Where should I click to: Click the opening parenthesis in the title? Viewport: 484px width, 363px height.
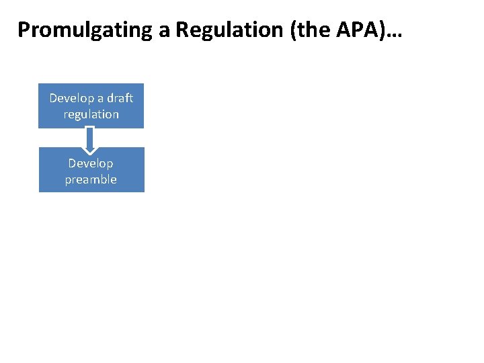point(294,30)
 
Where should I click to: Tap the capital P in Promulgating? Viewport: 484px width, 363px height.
point(24,30)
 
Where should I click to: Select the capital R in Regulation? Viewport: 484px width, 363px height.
point(184,30)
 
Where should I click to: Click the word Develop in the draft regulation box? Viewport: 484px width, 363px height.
point(71,98)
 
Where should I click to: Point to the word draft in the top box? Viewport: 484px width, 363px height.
point(118,98)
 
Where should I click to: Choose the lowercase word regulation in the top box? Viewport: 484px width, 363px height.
point(91,114)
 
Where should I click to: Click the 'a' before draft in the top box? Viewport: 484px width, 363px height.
point(99,98)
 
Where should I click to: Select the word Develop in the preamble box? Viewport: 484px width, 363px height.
point(91,163)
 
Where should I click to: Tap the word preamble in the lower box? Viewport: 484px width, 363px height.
point(91,179)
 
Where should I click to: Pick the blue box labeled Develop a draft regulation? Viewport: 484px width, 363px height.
point(91,106)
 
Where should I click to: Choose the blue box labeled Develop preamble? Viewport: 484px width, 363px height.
point(91,170)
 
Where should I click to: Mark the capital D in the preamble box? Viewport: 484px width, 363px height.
point(73,163)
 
